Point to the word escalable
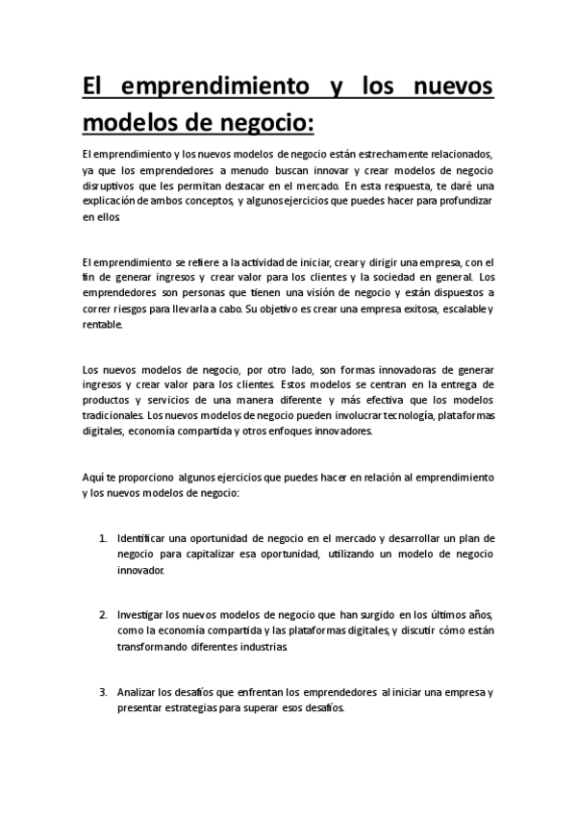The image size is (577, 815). (x=457, y=309)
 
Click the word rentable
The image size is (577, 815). (x=103, y=325)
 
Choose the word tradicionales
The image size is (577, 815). (x=114, y=416)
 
